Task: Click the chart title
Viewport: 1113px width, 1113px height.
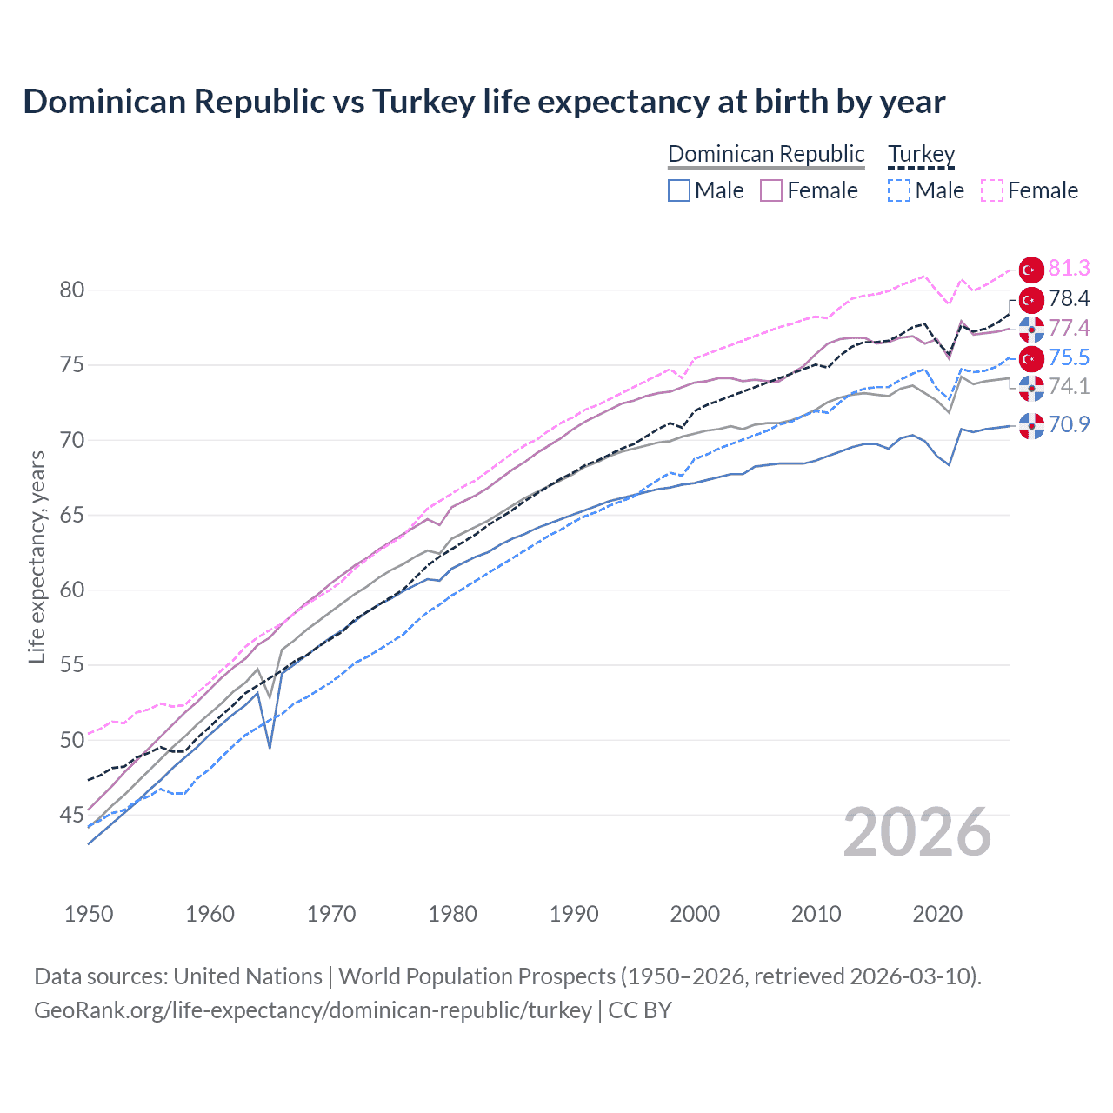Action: [x=483, y=102]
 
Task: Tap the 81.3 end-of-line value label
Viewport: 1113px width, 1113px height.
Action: [x=1069, y=269]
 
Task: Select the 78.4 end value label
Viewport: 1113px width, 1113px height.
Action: [x=1069, y=299]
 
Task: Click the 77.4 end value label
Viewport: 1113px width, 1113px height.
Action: [x=1069, y=328]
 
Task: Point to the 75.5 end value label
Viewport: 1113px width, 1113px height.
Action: [x=1069, y=357]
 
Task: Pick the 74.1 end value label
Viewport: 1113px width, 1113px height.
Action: [x=1069, y=386]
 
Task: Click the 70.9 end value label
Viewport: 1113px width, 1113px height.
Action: [x=1069, y=424]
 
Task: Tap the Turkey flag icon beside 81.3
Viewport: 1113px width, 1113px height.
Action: [x=1031, y=270]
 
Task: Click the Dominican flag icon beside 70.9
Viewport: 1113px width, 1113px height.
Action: [x=1031, y=425]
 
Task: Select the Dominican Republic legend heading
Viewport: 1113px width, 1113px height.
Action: [x=766, y=154]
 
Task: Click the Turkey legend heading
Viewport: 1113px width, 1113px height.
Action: [x=921, y=154]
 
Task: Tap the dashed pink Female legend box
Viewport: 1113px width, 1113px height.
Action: [x=991, y=190]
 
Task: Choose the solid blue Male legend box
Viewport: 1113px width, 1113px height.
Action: [x=679, y=190]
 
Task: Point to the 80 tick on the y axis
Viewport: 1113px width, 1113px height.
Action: [x=71, y=290]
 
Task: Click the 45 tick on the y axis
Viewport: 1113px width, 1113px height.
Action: [x=71, y=815]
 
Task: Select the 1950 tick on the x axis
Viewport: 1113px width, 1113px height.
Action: [x=89, y=914]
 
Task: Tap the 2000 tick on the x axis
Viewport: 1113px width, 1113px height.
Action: [x=695, y=914]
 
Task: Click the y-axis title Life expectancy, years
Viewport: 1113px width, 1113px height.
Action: [x=37, y=556]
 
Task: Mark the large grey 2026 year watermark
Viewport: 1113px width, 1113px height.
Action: [x=916, y=832]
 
